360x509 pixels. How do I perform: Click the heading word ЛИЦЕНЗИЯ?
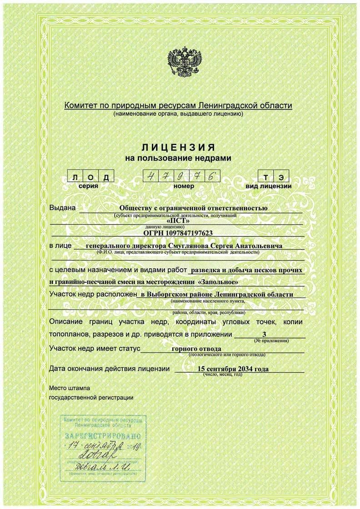point(179,148)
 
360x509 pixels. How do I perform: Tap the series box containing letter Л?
point(74,176)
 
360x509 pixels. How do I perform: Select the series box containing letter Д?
point(105,176)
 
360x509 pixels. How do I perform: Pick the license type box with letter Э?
point(282,176)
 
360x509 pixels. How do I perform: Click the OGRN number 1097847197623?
point(178,233)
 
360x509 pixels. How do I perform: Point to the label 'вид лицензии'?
point(269,186)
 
